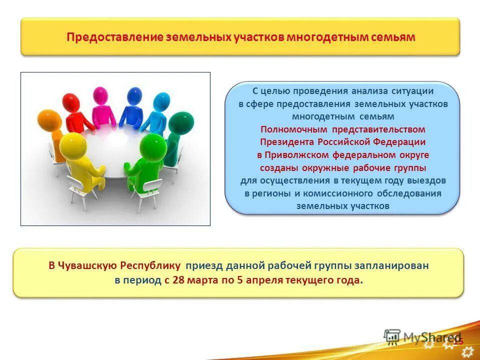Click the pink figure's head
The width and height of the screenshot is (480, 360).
coord(100,94)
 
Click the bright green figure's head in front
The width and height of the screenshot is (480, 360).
coord(153,145)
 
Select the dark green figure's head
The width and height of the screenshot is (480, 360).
coord(181,122)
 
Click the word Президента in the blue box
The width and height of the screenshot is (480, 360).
coord(287,142)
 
